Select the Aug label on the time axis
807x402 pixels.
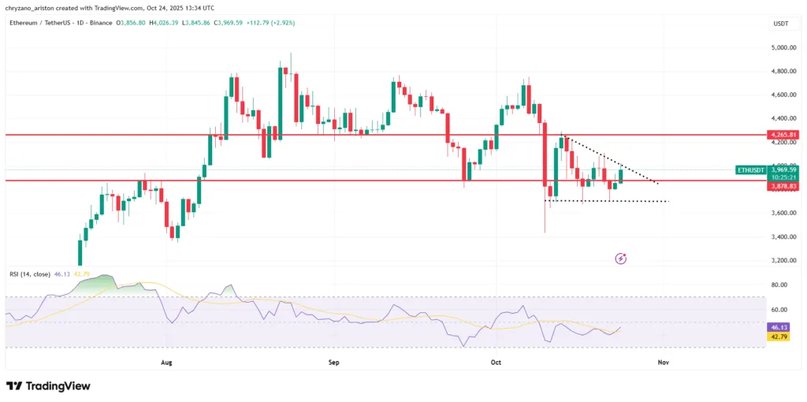(x=166, y=363)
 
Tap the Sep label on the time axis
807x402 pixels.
(x=333, y=363)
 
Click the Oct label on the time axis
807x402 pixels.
(x=496, y=363)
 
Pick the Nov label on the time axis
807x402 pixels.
(x=663, y=363)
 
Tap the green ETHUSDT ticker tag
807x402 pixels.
(x=750, y=169)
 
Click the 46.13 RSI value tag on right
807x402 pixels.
(x=779, y=327)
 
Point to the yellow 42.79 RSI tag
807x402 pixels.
(x=779, y=337)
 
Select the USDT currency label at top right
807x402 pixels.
(x=781, y=24)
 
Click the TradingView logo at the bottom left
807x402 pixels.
(x=48, y=386)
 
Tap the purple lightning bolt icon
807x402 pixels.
(x=621, y=258)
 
